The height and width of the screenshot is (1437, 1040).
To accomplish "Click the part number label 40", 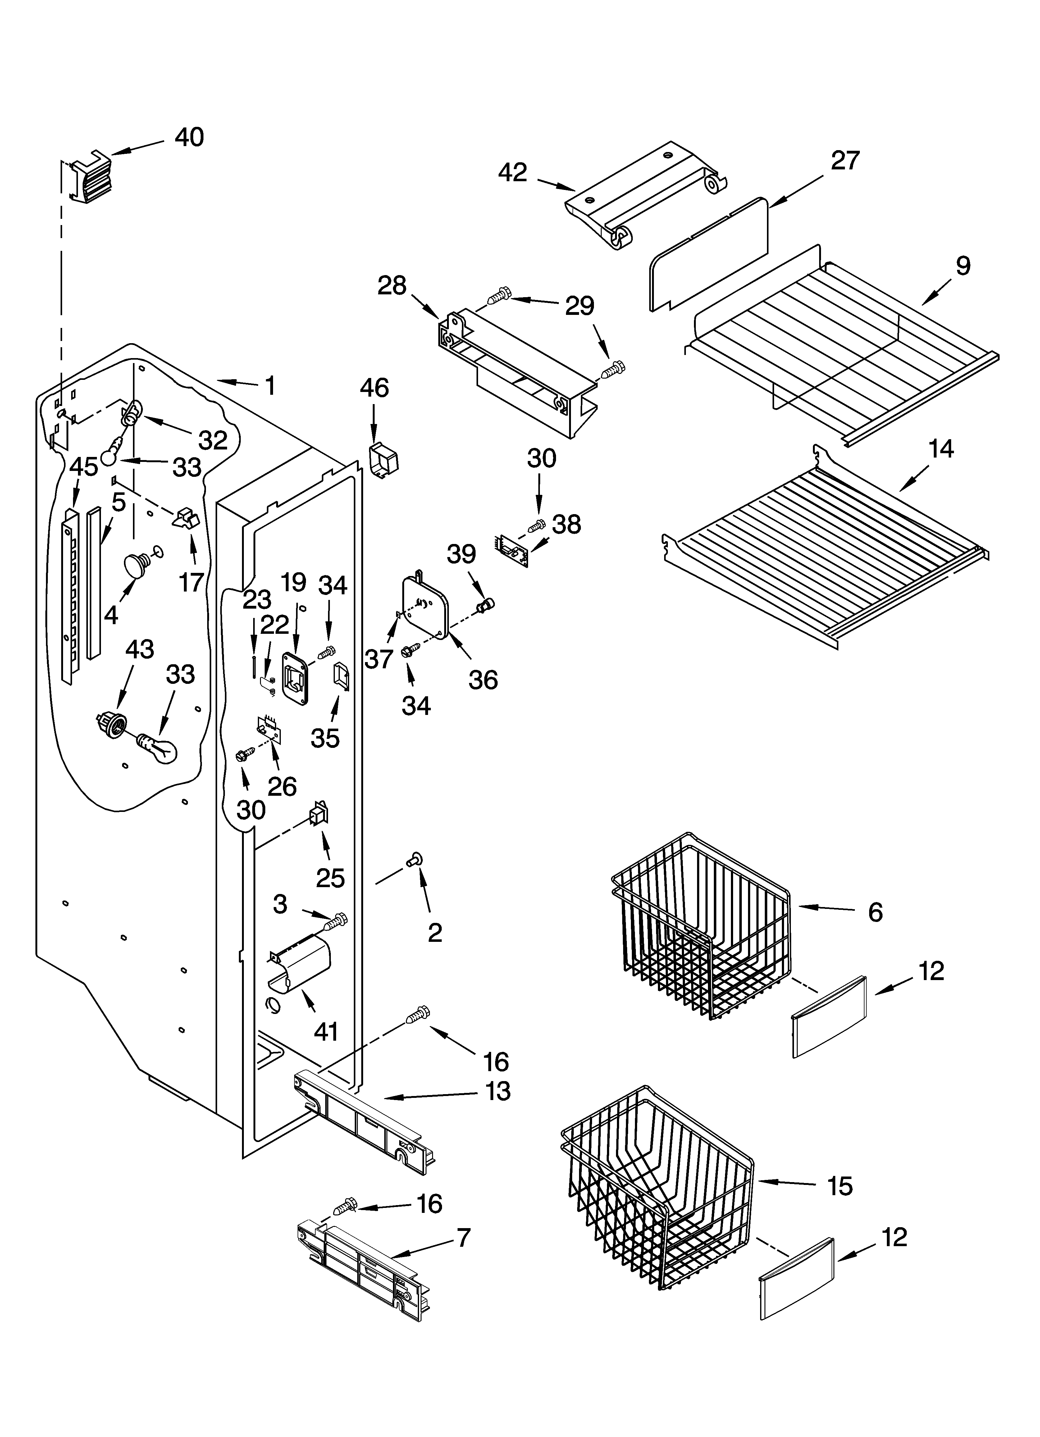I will pyautogui.click(x=189, y=137).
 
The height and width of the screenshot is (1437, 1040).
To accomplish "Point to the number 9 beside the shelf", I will pyautogui.click(x=962, y=265).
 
